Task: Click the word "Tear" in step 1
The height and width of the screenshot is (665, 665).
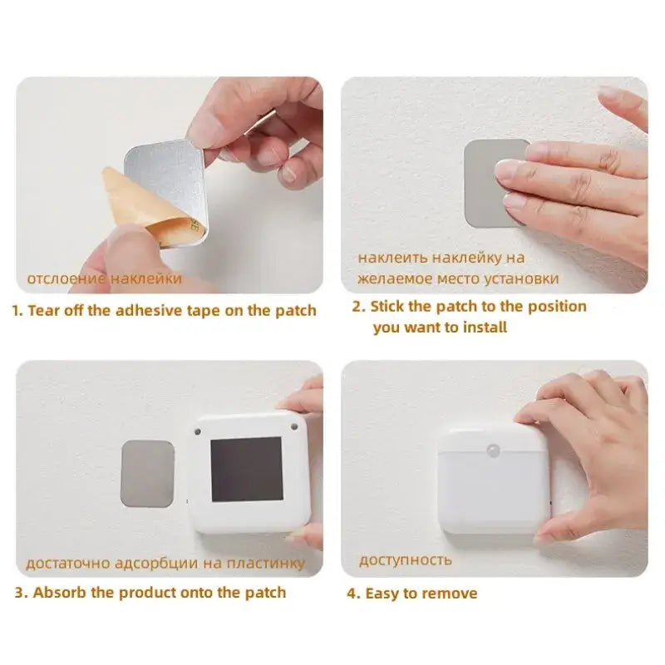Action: click(x=45, y=310)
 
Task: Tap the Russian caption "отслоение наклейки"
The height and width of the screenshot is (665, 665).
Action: click(x=104, y=278)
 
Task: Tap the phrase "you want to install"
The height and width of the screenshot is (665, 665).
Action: click(x=440, y=328)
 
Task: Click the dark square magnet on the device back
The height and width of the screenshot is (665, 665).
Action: click(x=247, y=469)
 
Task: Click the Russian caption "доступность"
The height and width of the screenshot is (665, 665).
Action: click(x=406, y=559)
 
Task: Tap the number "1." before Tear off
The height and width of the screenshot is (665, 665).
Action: click(x=17, y=310)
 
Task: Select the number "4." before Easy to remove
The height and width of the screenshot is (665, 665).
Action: click(x=353, y=594)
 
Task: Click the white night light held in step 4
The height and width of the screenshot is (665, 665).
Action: click(x=492, y=478)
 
